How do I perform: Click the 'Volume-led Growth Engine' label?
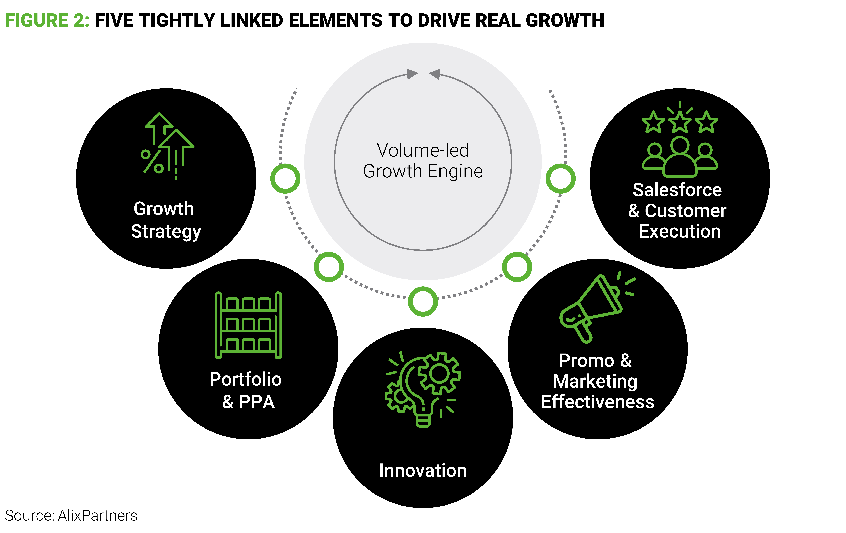tap(423, 161)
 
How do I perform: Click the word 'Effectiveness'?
tap(597, 402)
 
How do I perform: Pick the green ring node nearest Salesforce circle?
tap(560, 178)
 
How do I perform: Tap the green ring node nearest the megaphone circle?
tap(517, 267)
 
